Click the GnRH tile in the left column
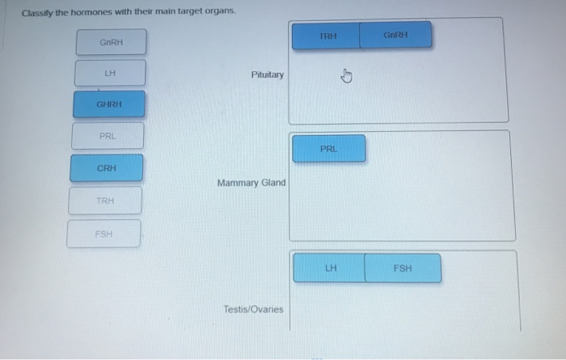111,42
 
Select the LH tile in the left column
110,73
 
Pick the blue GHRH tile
109,104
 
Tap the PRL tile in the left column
108,136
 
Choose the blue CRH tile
106,168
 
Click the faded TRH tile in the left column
105,201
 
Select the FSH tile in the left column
103,234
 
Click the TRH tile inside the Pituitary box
327,36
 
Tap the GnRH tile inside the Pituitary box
395,36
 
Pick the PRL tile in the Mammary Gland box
329,149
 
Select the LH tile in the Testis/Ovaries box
330,268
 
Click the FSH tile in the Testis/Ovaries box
403,268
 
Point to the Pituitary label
268,74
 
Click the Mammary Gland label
251,183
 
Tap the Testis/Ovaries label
253,309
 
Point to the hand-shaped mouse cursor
346,77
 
